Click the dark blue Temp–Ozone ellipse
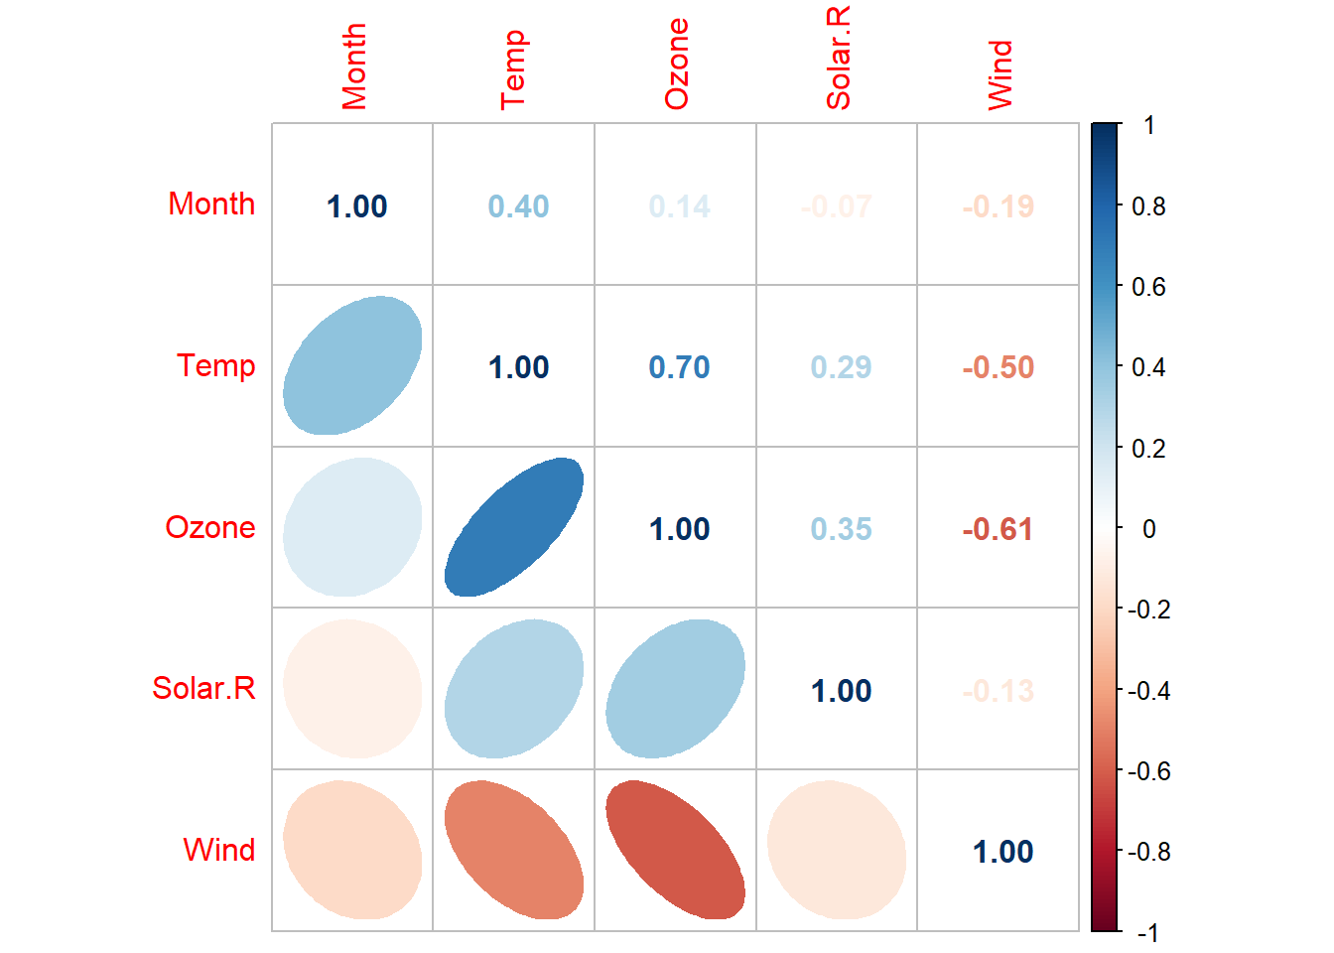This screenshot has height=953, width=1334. click(514, 527)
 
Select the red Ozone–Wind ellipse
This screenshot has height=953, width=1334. click(675, 850)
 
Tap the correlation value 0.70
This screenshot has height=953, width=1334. click(679, 367)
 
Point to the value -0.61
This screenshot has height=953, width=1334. click(998, 529)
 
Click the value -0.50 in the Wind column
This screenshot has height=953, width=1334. click(998, 367)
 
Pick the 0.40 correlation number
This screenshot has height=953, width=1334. click(518, 206)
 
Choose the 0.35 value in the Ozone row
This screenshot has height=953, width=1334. click(841, 529)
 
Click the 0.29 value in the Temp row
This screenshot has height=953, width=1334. click(841, 367)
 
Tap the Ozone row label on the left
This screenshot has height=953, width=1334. click(210, 527)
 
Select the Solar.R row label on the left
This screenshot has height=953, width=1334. click(203, 688)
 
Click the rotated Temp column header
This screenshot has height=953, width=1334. click(513, 69)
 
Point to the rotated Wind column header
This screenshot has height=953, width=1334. click(1000, 74)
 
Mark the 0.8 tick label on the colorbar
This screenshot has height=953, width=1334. click(1148, 206)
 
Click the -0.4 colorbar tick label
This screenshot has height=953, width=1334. click(1148, 691)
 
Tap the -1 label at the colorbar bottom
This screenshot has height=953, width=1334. click(1146, 932)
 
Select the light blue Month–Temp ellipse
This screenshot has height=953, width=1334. click(352, 365)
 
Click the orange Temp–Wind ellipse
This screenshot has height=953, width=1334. click(514, 850)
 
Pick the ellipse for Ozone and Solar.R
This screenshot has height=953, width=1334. click(675, 689)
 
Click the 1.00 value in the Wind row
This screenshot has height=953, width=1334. click(1002, 852)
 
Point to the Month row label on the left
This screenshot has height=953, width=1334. click(211, 204)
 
